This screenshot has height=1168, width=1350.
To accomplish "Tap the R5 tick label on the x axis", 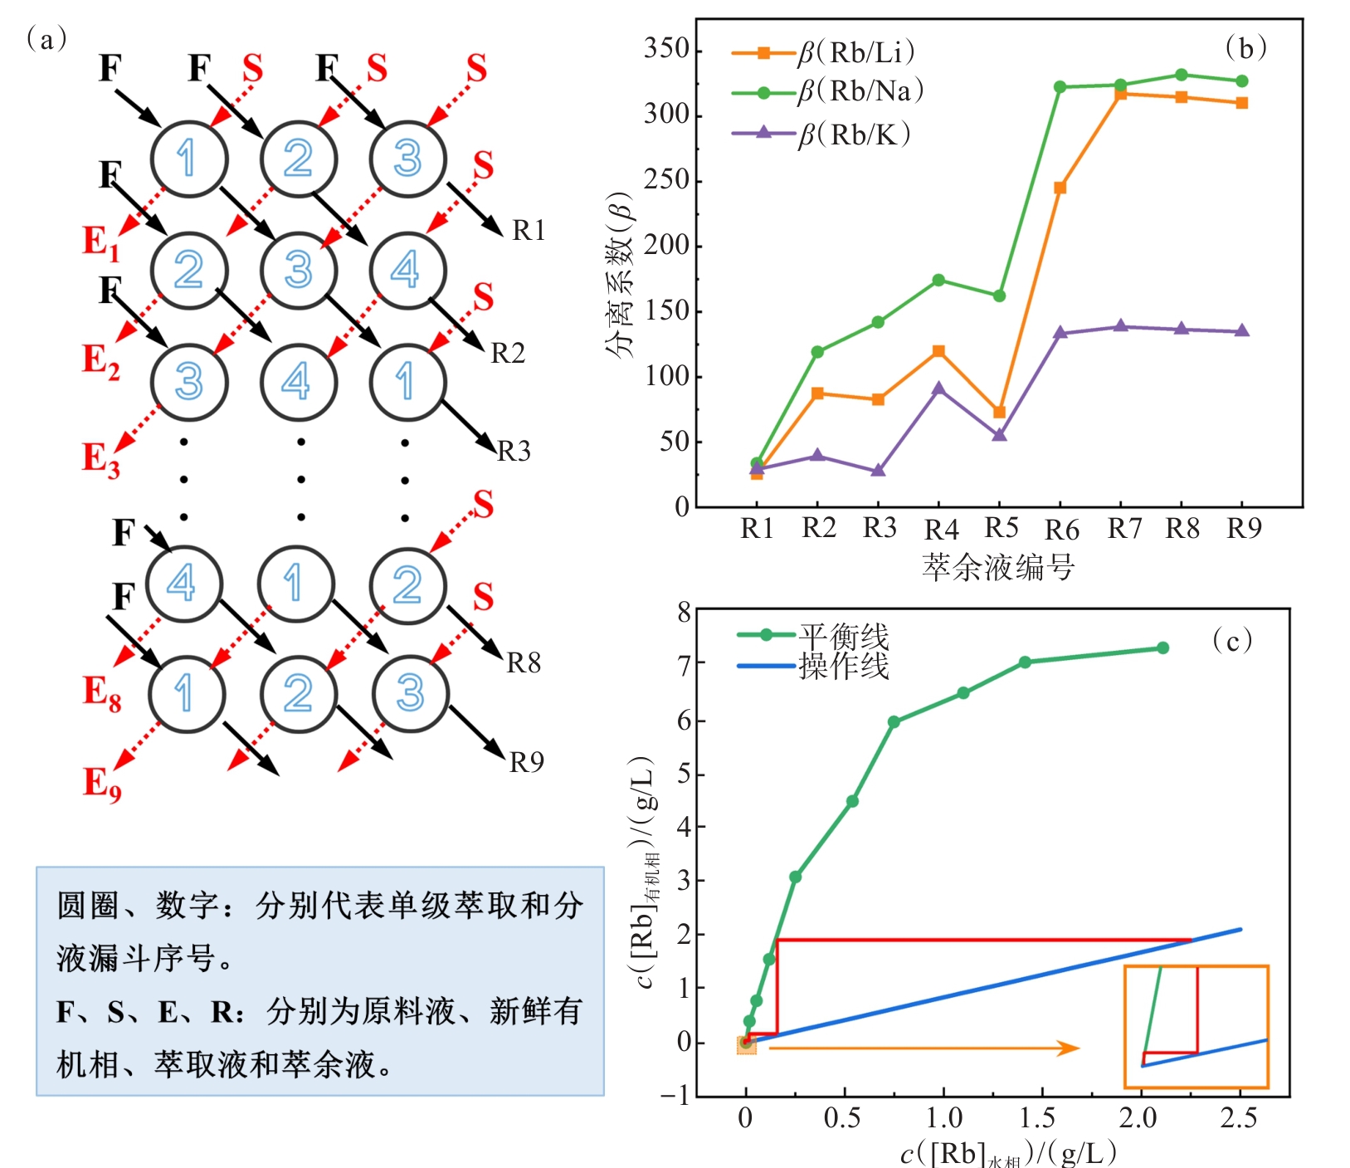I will pyautogui.click(x=1001, y=528).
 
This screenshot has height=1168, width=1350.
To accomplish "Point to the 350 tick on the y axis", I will pyautogui.click(x=667, y=49).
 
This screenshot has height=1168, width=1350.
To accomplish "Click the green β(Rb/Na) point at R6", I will pyautogui.click(x=1060, y=86).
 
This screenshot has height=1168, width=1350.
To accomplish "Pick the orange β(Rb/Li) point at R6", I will pyautogui.click(x=1060, y=188).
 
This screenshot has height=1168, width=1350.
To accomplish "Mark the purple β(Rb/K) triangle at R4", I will pyautogui.click(x=938, y=389).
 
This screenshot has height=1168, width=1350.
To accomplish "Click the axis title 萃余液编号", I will pyautogui.click(x=998, y=568).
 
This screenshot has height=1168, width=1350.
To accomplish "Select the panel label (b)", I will pyautogui.click(x=1245, y=48).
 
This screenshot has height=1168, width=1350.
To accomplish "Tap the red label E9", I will pyautogui.click(x=102, y=784).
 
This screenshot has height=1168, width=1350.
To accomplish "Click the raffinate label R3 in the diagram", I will pyautogui.click(x=514, y=451).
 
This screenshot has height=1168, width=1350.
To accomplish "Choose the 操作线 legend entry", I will pyautogui.click(x=843, y=666).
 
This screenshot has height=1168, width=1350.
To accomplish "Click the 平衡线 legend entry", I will pyautogui.click(x=843, y=637).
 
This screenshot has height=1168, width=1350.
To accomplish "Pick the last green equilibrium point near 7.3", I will pyautogui.click(x=1162, y=648).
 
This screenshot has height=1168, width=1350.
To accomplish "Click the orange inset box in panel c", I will pyautogui.click(x=1196, y=1026).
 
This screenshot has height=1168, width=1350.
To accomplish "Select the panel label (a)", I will pyautogui.click(x=46, y=39).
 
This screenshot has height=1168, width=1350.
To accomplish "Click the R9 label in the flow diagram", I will pyautogui.click(x=526, y=762).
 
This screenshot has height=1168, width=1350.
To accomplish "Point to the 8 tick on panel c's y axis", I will pyautogui.click(x=684, y=613).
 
